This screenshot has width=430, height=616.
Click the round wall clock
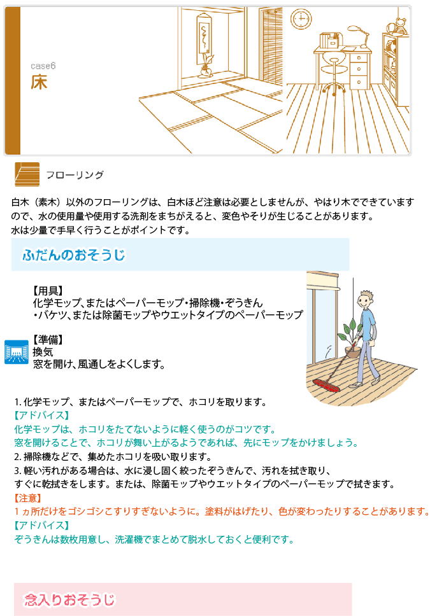click(301, 18)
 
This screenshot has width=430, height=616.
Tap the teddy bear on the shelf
click(399, 26)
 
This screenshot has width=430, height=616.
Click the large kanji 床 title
click(39, 81)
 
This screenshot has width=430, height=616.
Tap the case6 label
click(43, 66)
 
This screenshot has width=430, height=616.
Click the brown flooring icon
click(27, 174)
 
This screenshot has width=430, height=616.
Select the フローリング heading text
click(75, 175)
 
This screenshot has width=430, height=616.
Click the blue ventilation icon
click(17, 352)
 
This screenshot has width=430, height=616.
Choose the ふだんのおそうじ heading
click(73, 255)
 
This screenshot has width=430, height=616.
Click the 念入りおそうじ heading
click(69, 599)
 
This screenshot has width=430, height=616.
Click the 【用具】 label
click(48, 291)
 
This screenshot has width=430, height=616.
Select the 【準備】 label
click(48, 340)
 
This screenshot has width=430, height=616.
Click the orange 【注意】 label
click(27, 498)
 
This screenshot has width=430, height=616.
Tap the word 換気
click(43, 352)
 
